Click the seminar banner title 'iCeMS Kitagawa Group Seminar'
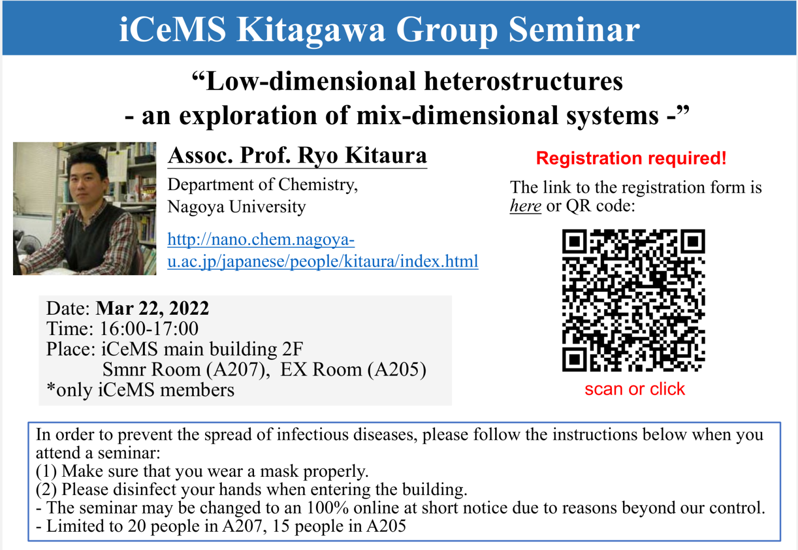click(379, 29)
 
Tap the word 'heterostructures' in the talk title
click(523, 82)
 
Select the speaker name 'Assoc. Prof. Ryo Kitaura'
click(297, 155)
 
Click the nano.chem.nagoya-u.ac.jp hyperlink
click(322, 250)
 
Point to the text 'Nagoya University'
click(236, 207)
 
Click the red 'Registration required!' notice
click(631, 158)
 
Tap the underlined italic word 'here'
click(525, 206)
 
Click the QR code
click(633, 301)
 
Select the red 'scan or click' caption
click(634, 389)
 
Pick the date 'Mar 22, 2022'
click(152, 308)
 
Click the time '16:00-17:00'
click(149, 329)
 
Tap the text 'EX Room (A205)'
click(353, 369)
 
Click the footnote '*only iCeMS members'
click(140, 390)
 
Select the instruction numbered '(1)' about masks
click(202, 471)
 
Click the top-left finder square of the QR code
click(574, 242)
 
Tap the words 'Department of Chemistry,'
click(262, 185)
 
